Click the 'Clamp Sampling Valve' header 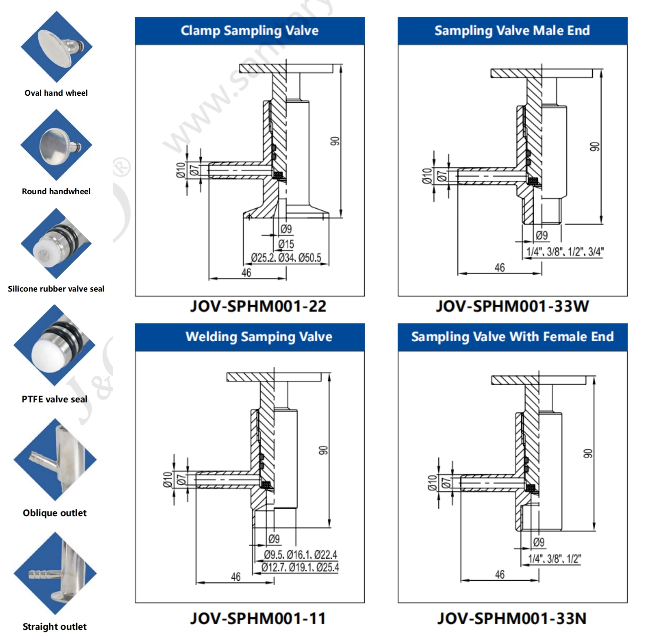click(x=249, y=31)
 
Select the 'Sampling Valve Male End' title click(x=512, y=31)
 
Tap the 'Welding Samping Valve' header click(x=259, y=337)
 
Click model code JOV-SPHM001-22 click(x=258, y=306)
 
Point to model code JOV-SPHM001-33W click(x=512, y=306)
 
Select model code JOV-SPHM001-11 click(x=258, y=618)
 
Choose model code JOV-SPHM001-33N click(x=512, y=618)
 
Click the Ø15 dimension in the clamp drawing click(x=286, y=244)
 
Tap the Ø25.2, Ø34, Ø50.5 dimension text click(x=286, y=258)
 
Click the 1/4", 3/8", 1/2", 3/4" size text click(x=565, y=252)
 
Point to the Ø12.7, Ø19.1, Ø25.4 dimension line click(x=300, y=568)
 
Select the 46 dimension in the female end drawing click(x=499, y=574)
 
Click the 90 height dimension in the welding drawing click(x=323, y=450)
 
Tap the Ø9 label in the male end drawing click(x=542, y=236)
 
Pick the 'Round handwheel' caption click(x=56, y=191)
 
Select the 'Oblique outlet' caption click(x=55, y=513)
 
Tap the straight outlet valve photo click(x=55, y=573)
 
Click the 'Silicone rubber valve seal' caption click(x=56, y=289)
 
